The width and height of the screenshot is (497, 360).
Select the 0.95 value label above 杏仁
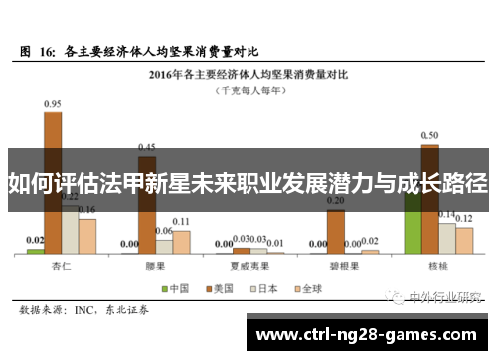(x=53, y=103)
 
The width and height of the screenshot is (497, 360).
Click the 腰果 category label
(x=155, y=266)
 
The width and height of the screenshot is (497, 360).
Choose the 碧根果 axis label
(x=343, y=266)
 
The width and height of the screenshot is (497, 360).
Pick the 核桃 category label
(x=437, y=266)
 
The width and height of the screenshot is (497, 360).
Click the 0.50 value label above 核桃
(x=429, y=135)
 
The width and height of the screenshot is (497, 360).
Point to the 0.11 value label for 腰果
(x=181, y=221)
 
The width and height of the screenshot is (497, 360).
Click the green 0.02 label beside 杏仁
(x=35, y=239)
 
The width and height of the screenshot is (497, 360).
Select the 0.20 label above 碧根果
(x=335, y=201)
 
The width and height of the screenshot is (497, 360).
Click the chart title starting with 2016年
(x=248, y=73)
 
